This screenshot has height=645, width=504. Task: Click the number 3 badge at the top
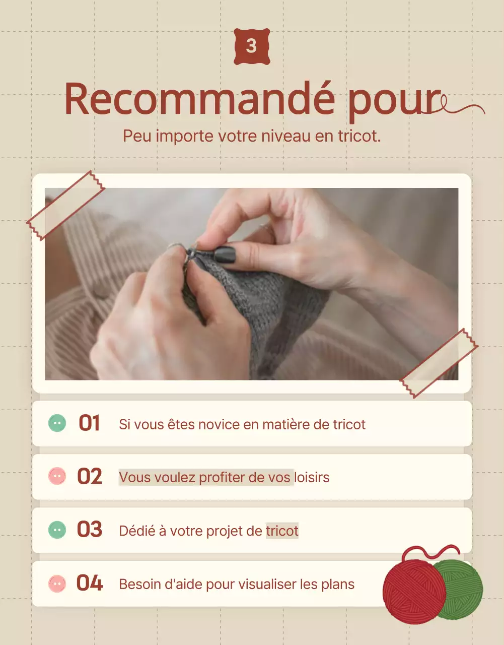click(x=252, y=46)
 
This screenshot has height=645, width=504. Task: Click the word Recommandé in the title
click(x=199, y=99)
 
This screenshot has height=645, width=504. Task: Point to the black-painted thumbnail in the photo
click(x=225, y=254)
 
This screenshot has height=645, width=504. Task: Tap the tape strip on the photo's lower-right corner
click(x=439, y=363)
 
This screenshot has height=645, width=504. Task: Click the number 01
click(x=89, y=424)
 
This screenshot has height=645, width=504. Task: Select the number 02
click(x=90, y=477)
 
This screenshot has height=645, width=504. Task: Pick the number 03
click(x=90, y=530)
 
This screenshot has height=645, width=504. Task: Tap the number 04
click(x=90, y=584)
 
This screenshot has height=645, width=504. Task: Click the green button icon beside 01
click(x=57, y=423)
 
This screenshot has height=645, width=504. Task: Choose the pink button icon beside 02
click(x=57, y=476)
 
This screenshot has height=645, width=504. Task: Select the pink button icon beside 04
click(x=57, y=584)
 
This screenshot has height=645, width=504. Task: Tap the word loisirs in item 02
click(x=312, y=477)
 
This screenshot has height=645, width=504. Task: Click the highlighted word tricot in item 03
click(x=282, y=531)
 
